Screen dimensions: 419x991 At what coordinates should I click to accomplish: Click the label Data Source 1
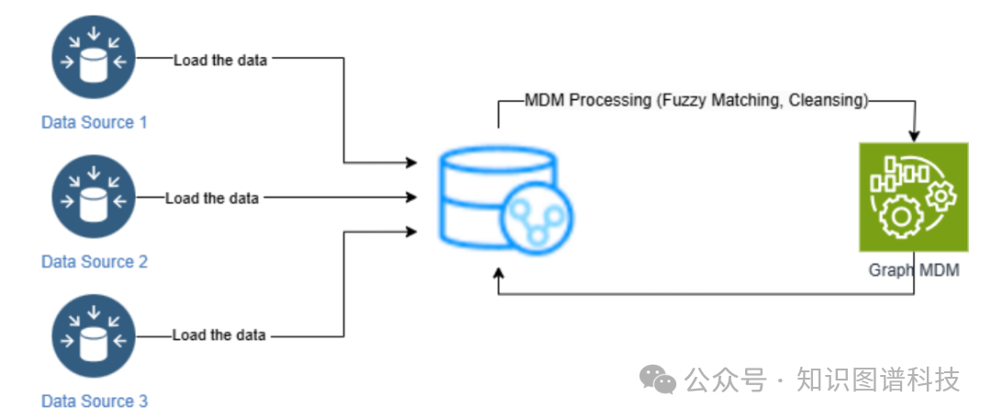(x=95, y=122)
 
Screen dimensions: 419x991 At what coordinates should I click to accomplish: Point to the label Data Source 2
(x=95, y=261)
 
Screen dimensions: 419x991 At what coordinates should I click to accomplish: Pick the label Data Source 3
(x=95, y=401)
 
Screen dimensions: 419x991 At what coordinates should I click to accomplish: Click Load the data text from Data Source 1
(x=221, y=60)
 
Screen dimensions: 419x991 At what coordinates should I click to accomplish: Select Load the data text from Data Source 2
(x=212, y=198)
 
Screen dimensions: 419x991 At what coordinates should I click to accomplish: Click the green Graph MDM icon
(x=913, y=196)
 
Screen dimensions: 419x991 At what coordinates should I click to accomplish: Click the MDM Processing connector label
(x=696, y=101)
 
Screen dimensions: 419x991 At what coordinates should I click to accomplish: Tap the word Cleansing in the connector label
(x=829, y=101)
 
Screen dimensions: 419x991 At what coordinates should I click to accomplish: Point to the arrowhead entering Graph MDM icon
(x=913, y=136)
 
